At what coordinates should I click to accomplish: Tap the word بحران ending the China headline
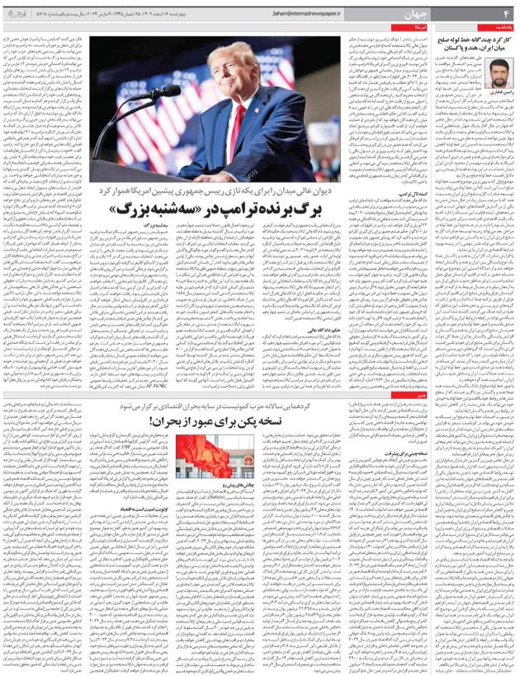173,420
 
